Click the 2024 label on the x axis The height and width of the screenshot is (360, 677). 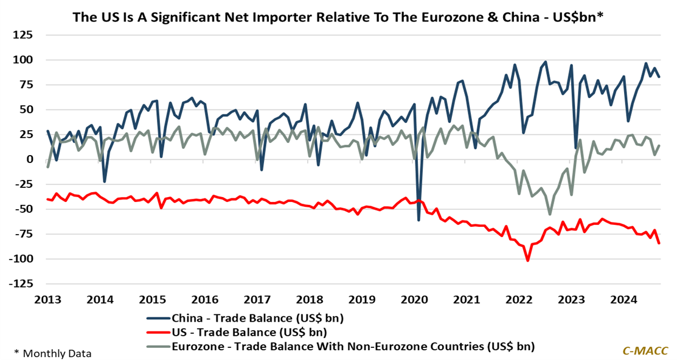click(x=623, y=299)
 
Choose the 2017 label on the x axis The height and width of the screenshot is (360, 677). click(x=257, y=299)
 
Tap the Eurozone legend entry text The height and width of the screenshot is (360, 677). click(x=353, y=347)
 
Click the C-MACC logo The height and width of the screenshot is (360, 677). click(x=645, y=351)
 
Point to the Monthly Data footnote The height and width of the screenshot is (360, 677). click(x=53, y=353)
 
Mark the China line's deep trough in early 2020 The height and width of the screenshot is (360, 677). click(x=418, y=219)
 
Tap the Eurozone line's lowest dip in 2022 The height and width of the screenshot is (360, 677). click(x=550, y=214)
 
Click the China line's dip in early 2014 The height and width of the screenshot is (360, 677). click(x=105, y=181)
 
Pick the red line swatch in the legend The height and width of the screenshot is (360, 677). click(x=158, y=332)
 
